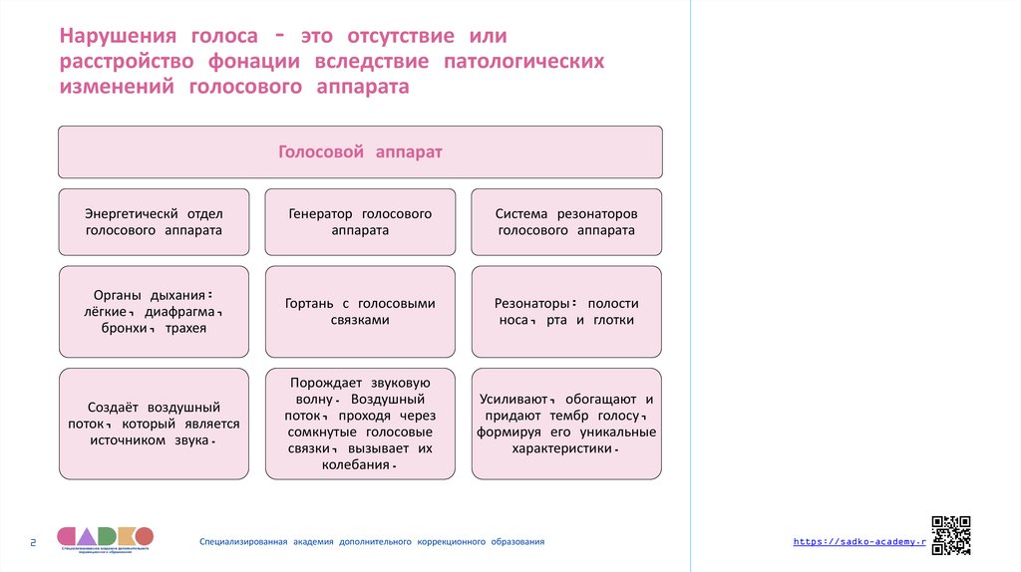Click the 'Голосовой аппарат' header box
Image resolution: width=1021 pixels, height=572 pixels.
pos(360,152)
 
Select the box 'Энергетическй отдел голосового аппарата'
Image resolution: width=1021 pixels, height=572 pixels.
pos(154,221)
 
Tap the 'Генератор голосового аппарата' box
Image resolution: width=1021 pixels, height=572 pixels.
pos(360,221)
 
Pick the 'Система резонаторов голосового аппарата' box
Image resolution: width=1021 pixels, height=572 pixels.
pos(566,221)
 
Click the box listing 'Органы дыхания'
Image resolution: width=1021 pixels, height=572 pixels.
pos(154,312)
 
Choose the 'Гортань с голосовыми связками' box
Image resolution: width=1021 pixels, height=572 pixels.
pos(360,312)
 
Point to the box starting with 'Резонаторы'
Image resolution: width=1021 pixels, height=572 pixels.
pos(566,312)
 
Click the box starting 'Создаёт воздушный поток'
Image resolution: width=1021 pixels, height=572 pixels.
pos(154,424)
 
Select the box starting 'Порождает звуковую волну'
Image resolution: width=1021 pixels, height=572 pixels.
pos(360,424)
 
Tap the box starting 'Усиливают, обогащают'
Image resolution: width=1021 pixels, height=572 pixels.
pos(566,424)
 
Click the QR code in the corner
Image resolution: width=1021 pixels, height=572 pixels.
pos(950,534)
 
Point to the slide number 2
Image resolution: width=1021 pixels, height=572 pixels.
pos(33,542)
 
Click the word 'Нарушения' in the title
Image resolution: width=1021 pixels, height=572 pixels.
pos(117,37)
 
